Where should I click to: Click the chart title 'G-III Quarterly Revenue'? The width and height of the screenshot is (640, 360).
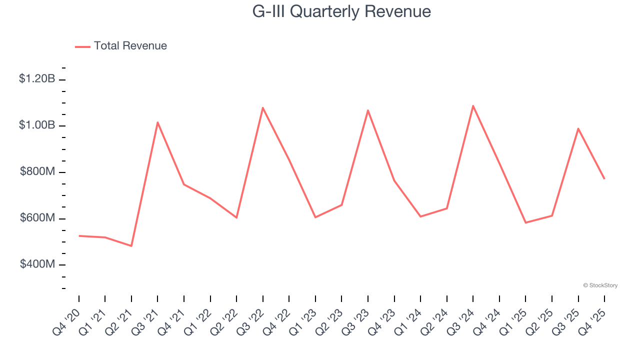pyautogui.click(x=341, y=11)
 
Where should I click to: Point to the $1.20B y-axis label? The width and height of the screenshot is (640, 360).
pyautogui.click(x=37, y=78)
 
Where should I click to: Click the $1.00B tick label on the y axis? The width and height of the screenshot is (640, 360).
pyautogui.click(x=37, y=125)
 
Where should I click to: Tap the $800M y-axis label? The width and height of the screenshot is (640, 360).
pyautogui.click(x=37, y=172)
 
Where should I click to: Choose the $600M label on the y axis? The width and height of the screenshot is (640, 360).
pyautogui.click(x=37, y=218)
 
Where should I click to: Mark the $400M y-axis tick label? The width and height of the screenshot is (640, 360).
pyautogui.click(x=37, y=264)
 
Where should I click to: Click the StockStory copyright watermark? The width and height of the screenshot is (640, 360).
pyautogui.click(x=600, y=285)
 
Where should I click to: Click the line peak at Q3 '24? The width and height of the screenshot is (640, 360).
pyautogui.click(x=473, y=105)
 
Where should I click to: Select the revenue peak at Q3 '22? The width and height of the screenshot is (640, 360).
pyautogui.click(x=262, y=107)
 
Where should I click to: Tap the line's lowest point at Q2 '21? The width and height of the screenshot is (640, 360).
pyautogui.click(x=131, y=246)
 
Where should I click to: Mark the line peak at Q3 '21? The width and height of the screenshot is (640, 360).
pyautogui.click(x=157, y=122)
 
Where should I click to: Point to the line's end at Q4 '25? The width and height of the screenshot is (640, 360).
pyautogui.click(x=604, y=179)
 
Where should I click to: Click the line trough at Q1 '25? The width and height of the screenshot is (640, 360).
pyautogui.click(x=525, y=222)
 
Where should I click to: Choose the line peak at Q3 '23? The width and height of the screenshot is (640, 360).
pyautogui.click(x=368, y=110)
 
